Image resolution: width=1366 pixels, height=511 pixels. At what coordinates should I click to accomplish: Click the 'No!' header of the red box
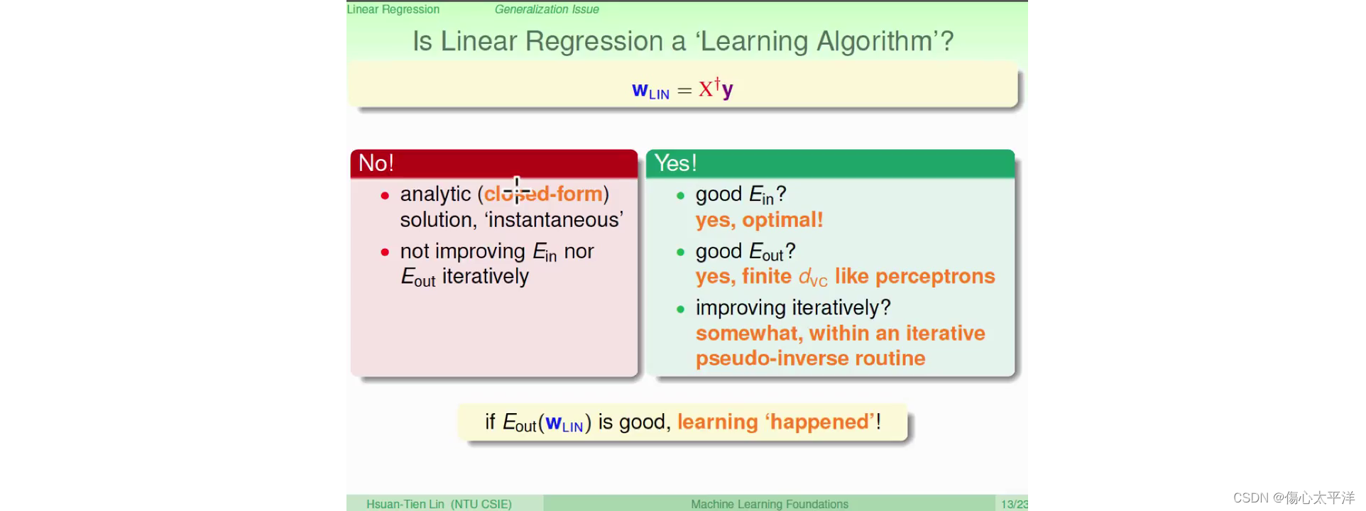point(376,163)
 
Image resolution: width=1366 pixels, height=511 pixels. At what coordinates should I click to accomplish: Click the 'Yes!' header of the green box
point(675,163)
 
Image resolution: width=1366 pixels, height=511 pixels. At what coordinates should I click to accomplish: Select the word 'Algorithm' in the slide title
point(875,42)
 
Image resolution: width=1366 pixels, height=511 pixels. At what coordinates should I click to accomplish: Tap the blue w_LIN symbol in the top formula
point(650,91)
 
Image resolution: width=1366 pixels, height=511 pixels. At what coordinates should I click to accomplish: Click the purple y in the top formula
point(728,90)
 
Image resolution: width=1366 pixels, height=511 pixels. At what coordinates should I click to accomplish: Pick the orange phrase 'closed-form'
point(543,194)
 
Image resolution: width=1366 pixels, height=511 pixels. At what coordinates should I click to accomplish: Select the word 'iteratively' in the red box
point(486,276)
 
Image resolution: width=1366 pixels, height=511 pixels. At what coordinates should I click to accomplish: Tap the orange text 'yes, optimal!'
point(759,220)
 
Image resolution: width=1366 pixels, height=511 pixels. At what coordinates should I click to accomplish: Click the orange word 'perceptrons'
point(935,277)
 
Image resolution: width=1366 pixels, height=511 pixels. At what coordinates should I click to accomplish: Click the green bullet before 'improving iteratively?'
point(680,309)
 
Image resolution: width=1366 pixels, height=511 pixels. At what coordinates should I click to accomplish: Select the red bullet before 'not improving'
point(385,252)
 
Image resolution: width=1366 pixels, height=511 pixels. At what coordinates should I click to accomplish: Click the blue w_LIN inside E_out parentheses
point(564,424)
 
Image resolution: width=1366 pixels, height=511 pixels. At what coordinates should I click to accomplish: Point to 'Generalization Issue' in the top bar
point(547,9)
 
